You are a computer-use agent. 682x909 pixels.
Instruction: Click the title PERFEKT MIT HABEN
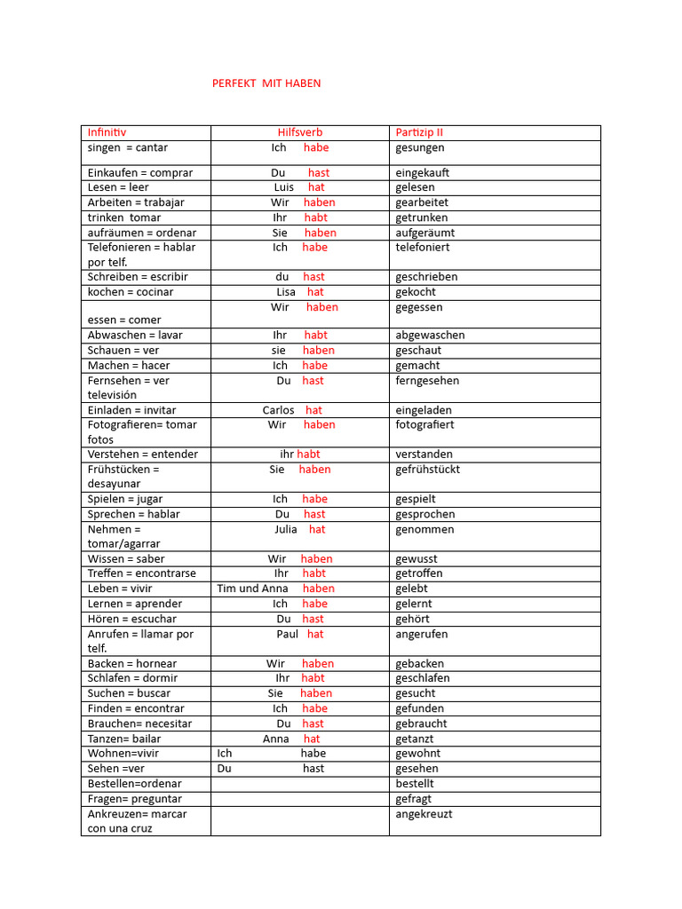click(266, 83)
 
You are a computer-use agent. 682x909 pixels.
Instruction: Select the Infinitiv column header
click(107, 132)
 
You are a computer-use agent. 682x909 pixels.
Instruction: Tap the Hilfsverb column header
click(300, 132)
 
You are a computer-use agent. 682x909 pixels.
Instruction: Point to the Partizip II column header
click(419, 132)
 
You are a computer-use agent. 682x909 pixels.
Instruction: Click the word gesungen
click(420, 147)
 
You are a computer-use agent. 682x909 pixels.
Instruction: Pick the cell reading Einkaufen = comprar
click(140, 172)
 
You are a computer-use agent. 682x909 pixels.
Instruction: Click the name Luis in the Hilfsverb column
click(284, 187)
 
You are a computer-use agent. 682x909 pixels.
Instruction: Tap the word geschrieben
click(426, 277)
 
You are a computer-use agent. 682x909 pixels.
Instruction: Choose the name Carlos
click(278, 410)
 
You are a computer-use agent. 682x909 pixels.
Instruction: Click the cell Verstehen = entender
click(143, 454)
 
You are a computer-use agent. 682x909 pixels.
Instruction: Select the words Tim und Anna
click(252, 589)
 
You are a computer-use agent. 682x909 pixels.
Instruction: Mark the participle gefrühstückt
click(428, 470)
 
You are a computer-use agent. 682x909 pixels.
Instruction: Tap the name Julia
click(286, 529)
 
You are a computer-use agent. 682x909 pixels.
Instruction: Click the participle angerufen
click(422, 635)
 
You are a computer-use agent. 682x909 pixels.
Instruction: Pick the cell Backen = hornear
click(132, 664)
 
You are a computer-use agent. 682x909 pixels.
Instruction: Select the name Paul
click(288, 635)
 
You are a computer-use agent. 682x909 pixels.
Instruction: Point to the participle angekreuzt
click(424, 814)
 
